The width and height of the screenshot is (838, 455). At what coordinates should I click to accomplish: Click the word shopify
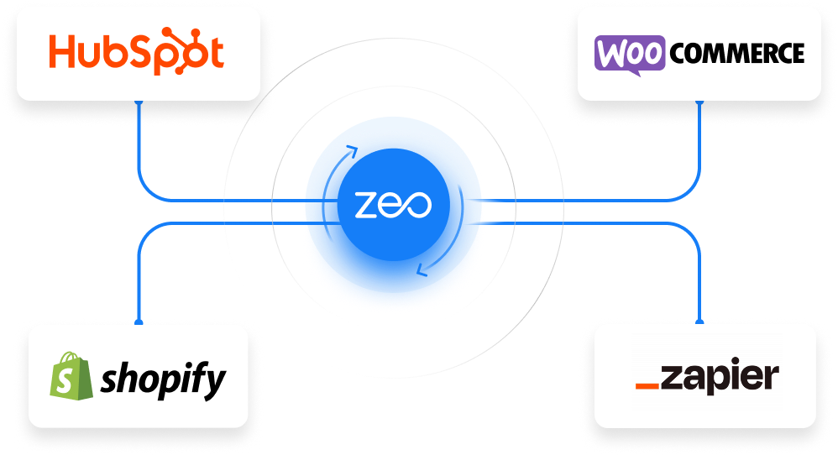(x=162, y=379)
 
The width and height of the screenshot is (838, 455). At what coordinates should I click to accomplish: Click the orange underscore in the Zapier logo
(x=647, y=386)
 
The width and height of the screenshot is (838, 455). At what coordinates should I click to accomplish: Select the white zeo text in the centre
(x=392, y=205)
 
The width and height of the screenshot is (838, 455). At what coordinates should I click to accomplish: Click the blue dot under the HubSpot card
(x=138, y=102)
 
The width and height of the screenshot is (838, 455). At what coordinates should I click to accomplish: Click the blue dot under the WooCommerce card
(x=699, y=102)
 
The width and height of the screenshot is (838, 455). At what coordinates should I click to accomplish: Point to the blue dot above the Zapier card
(x=700, y=322)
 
